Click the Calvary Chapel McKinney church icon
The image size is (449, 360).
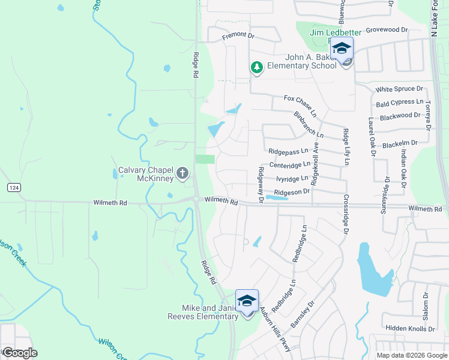pyautogui.click(x=183, y=175)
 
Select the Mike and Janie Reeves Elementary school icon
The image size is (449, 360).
pyautogui.click(x=247, y=301)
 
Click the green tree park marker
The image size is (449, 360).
pyautogui.click(x=257, y=67)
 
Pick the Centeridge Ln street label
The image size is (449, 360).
pyautogui.click(x=290, y=164)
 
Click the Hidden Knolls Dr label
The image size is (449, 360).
pyautogui.click(x=410, y=329)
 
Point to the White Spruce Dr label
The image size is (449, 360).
pyautogui.click(x=400, y=89)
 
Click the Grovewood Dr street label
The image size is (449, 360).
pyautogui.click(x=387, y=29)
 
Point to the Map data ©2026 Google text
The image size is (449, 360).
pyautogui.click(x=411, y=355)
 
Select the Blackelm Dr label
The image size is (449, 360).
pyautogui.click(x=399, y=144)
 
